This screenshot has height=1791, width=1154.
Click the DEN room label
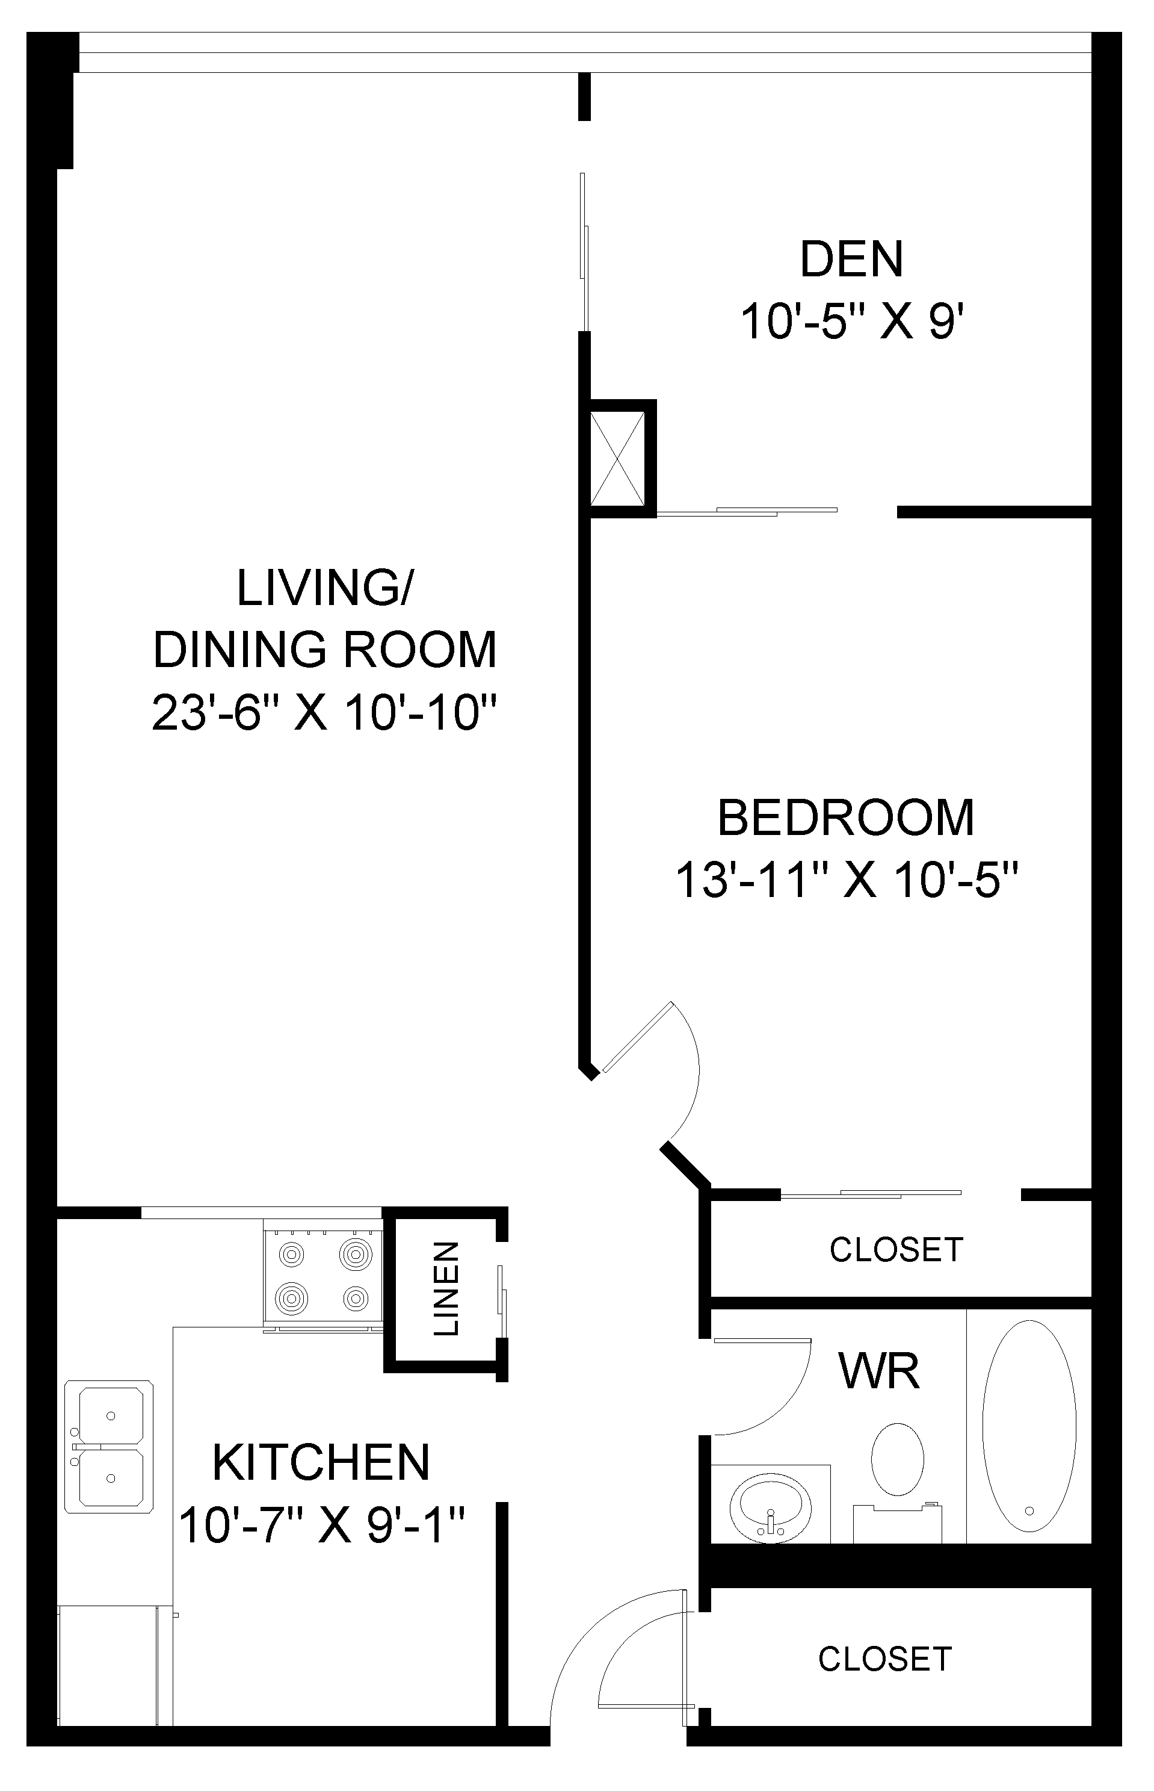point(852,259)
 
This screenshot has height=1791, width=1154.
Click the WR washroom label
point(879,1371)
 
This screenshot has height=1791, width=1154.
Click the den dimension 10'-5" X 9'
point(852,321)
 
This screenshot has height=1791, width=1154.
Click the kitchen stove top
point(323,1274)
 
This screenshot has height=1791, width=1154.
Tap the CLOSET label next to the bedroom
point(896,1250)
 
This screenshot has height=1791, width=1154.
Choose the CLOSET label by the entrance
point(885,1660)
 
